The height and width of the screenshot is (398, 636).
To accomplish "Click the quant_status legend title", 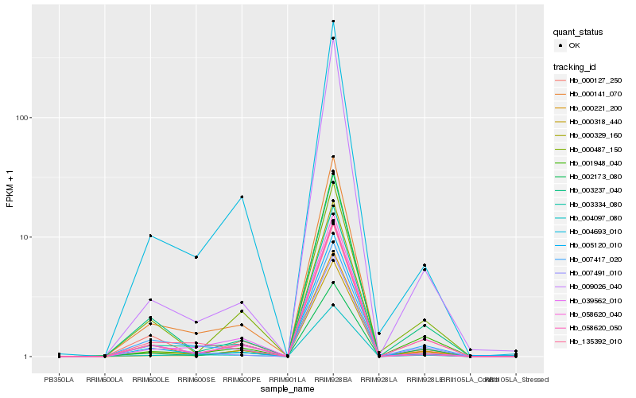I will point(578,33).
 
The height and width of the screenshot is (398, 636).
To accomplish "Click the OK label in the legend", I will point(574,46).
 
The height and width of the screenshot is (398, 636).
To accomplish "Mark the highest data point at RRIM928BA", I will point(333,21).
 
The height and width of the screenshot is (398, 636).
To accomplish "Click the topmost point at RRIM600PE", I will point(242,197).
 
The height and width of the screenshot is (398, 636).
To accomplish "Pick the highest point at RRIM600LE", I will point(150,236).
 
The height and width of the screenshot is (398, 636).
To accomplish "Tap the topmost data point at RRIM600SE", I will point(196,257).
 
